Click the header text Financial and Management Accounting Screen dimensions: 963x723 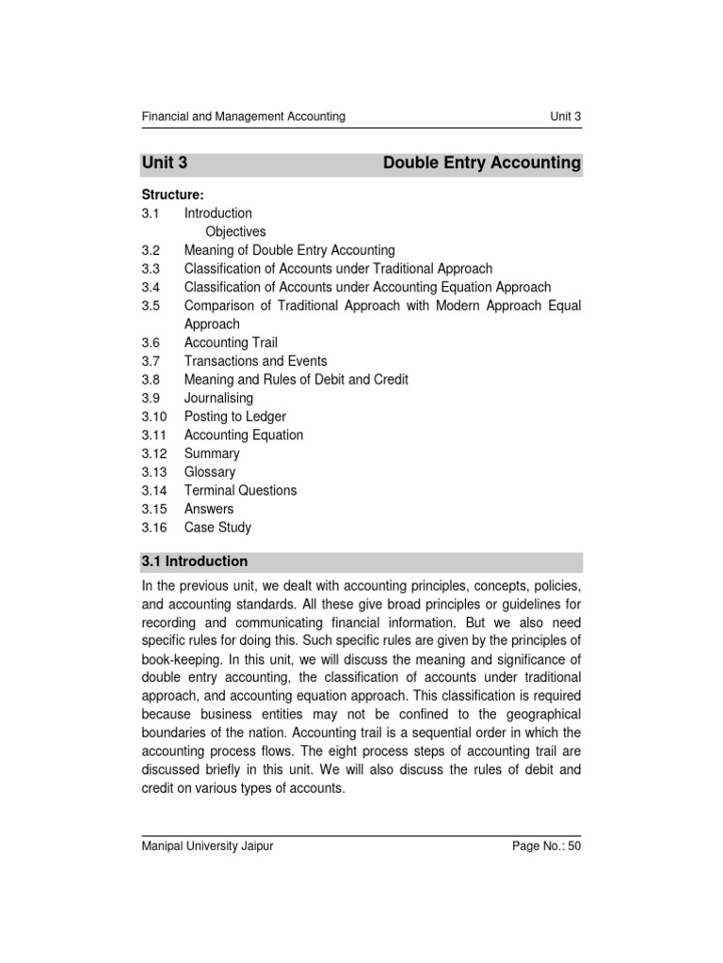[243, 117]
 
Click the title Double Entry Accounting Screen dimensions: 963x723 [482, 163]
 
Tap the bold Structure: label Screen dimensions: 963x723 [172, 195]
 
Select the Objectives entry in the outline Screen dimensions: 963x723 [235, 231]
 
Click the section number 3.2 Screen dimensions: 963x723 [152, 250]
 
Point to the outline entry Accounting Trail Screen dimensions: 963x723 [231, 342]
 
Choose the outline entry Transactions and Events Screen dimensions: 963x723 [256, 361]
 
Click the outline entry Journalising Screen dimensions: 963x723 [218, 398]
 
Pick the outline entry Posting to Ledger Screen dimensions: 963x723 [234, 417]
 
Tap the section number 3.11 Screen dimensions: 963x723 [154, 435]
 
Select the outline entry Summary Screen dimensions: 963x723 [212, 453]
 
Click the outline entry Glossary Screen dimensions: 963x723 [210, 472]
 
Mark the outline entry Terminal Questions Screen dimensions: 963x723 [240, 490]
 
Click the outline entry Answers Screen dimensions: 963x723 [209, 509]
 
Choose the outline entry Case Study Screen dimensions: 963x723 [217, 528]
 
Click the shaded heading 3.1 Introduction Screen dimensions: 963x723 [195, 561]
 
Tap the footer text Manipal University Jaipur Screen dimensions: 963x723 [207, 846]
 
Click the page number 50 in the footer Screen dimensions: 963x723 [573, 846]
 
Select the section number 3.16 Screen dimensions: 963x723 [154, 528]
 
